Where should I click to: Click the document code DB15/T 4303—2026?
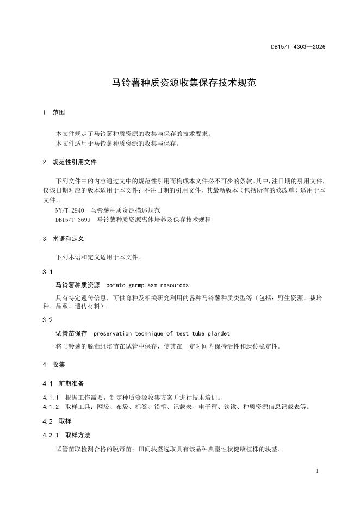pyautogui.click(x=298, y=47)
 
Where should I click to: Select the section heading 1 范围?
pyautogui.click(x=53, y=113)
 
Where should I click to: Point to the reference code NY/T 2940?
pyautogui.click(x=70, y=209)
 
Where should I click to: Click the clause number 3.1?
pyautogui.click(x=47, y=271)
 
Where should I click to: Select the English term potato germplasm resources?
pyautogui.click(x=147, y=284)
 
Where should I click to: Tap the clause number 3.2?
pyautogui.click(x=47, y=320)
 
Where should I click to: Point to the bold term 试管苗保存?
pyautogui.click(x=71, y=333)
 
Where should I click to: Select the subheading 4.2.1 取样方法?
pyautogui.click(x=66, y=436)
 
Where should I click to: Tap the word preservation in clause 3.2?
pyautogui.click(x=115, y=333)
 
